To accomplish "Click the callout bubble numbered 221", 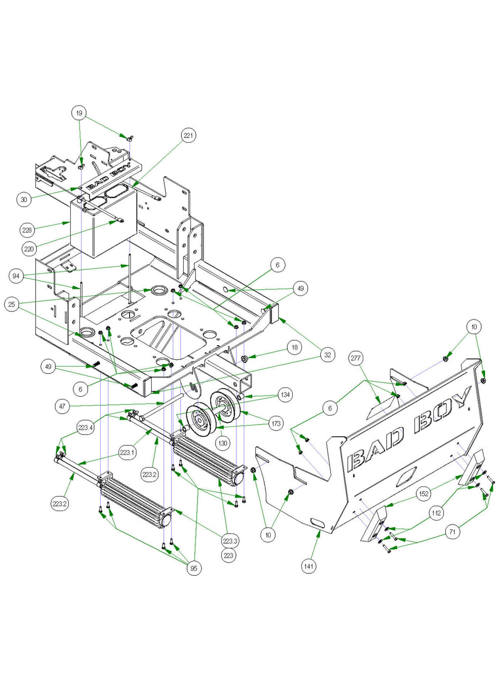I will (188, 136).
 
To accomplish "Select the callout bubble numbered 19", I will (79, 113).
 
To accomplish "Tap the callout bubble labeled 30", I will (24, 199).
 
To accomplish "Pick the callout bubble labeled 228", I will (27, 230).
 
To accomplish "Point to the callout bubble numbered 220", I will (29, 249).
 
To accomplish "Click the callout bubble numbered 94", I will (16, 276).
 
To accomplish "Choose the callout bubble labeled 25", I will (12, 304).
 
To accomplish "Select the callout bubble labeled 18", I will (294, 347).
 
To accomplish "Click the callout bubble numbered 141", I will (309, 566).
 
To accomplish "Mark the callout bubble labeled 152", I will (424, 493).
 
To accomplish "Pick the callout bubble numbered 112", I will (436, 513).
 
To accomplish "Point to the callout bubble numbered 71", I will (453, 532).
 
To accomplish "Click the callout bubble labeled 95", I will (194, 568).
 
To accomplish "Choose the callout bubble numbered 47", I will (62, 406).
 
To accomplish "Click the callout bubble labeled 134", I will (285, 395).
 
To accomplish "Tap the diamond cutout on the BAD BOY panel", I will (405, 476).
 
